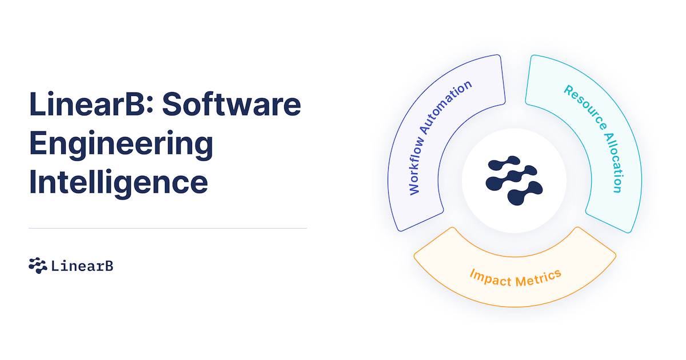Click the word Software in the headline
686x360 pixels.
click(236, 106)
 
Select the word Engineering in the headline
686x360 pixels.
click(121, 144)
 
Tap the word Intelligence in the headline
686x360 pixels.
click(118, 182)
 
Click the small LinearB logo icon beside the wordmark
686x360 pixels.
click(38, 265)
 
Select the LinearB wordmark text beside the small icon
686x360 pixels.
click(82, 266)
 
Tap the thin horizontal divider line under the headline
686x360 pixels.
click(167, 228)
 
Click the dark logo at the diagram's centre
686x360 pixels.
click(513, 181)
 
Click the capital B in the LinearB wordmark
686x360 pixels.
click(109, 266)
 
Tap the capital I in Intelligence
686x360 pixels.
click(33, 182)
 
